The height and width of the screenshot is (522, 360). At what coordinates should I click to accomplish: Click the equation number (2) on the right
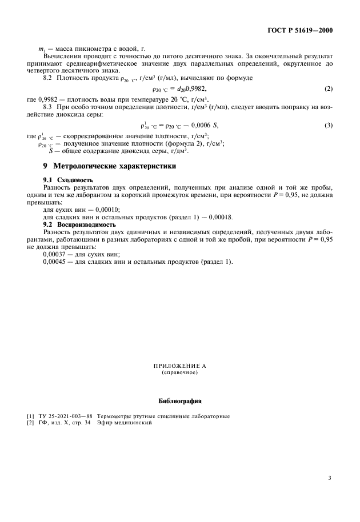click(x=328, y=89)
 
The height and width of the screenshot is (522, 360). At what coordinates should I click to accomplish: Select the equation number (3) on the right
click(x=328, y=125)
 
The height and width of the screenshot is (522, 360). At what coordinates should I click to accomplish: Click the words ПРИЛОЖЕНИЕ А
click(x=179, y=365)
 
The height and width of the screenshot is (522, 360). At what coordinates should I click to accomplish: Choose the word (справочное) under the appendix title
click(x=179, y=372)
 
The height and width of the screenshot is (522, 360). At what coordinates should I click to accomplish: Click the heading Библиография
click(x=179, y=400)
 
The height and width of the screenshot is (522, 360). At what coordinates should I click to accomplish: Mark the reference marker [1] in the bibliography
click(x=30, y=416)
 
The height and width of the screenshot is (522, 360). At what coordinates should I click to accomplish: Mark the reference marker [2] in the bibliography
click(x=30, y=423)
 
